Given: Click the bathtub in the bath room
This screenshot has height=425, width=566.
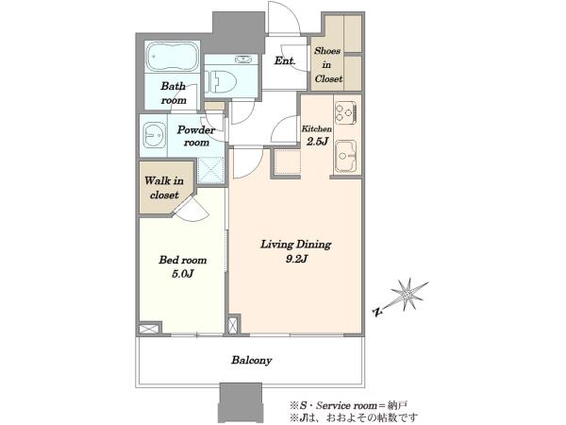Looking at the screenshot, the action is click(173, 57).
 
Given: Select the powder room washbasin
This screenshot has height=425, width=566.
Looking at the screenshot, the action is click(155, 135).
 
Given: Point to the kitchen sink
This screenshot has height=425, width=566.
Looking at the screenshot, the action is click(346, 156).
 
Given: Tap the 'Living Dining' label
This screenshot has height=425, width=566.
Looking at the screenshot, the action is click(296, 245).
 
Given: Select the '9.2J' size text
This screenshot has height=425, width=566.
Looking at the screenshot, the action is click(296, 259).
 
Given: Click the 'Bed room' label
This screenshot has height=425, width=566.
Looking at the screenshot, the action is click(183, 260).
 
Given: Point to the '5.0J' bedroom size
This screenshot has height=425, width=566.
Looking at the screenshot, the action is click(183, 274).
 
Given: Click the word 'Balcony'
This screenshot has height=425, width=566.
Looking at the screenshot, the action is click(252, 360).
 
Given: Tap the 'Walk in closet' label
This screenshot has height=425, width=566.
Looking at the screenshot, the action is click(164, 188).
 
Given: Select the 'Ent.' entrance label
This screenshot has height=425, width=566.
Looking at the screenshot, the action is click(285, 60).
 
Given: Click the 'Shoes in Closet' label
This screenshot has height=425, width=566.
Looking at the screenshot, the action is click(327, 64).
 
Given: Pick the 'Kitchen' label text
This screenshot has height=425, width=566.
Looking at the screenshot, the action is click(317, 128).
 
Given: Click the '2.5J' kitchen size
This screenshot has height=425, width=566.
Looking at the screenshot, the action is click(317, 141).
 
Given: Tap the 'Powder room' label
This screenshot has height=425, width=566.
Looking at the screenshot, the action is click(196, 136).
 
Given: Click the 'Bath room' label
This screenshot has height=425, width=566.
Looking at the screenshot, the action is click(174, 93).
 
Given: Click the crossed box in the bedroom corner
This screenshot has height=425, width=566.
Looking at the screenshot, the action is click(149, 329).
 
